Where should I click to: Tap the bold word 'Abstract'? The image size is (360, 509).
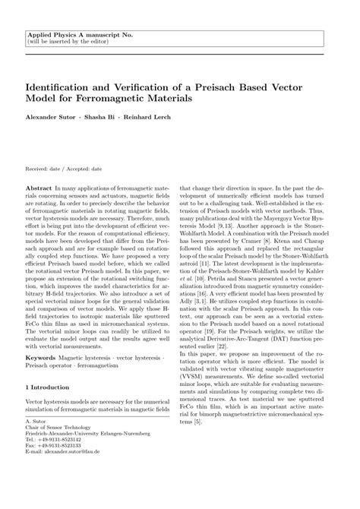pyautogui.click(x=38, y=185)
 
